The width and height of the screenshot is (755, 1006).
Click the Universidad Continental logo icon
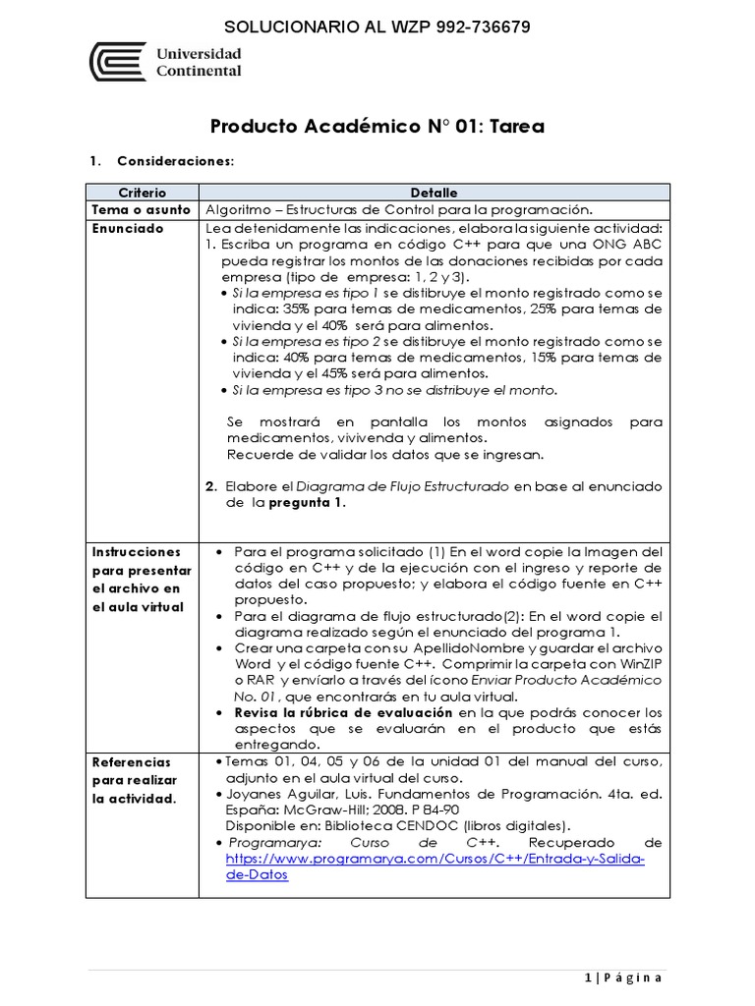tap(117, 62)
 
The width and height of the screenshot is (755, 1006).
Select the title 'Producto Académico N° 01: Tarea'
tap(377, 128)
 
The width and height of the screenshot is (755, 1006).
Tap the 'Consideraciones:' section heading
tap(175, 160)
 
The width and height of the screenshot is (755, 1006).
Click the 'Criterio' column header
tap(143, 193)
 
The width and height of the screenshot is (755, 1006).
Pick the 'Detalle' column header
tap(434, 193)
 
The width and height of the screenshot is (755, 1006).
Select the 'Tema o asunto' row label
tap(141, 210)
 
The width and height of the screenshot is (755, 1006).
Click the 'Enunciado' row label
tap(128, 229)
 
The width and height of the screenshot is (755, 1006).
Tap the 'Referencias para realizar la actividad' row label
tap(135, 780)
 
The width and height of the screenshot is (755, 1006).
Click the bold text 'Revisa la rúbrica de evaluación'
tap(343, 712)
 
